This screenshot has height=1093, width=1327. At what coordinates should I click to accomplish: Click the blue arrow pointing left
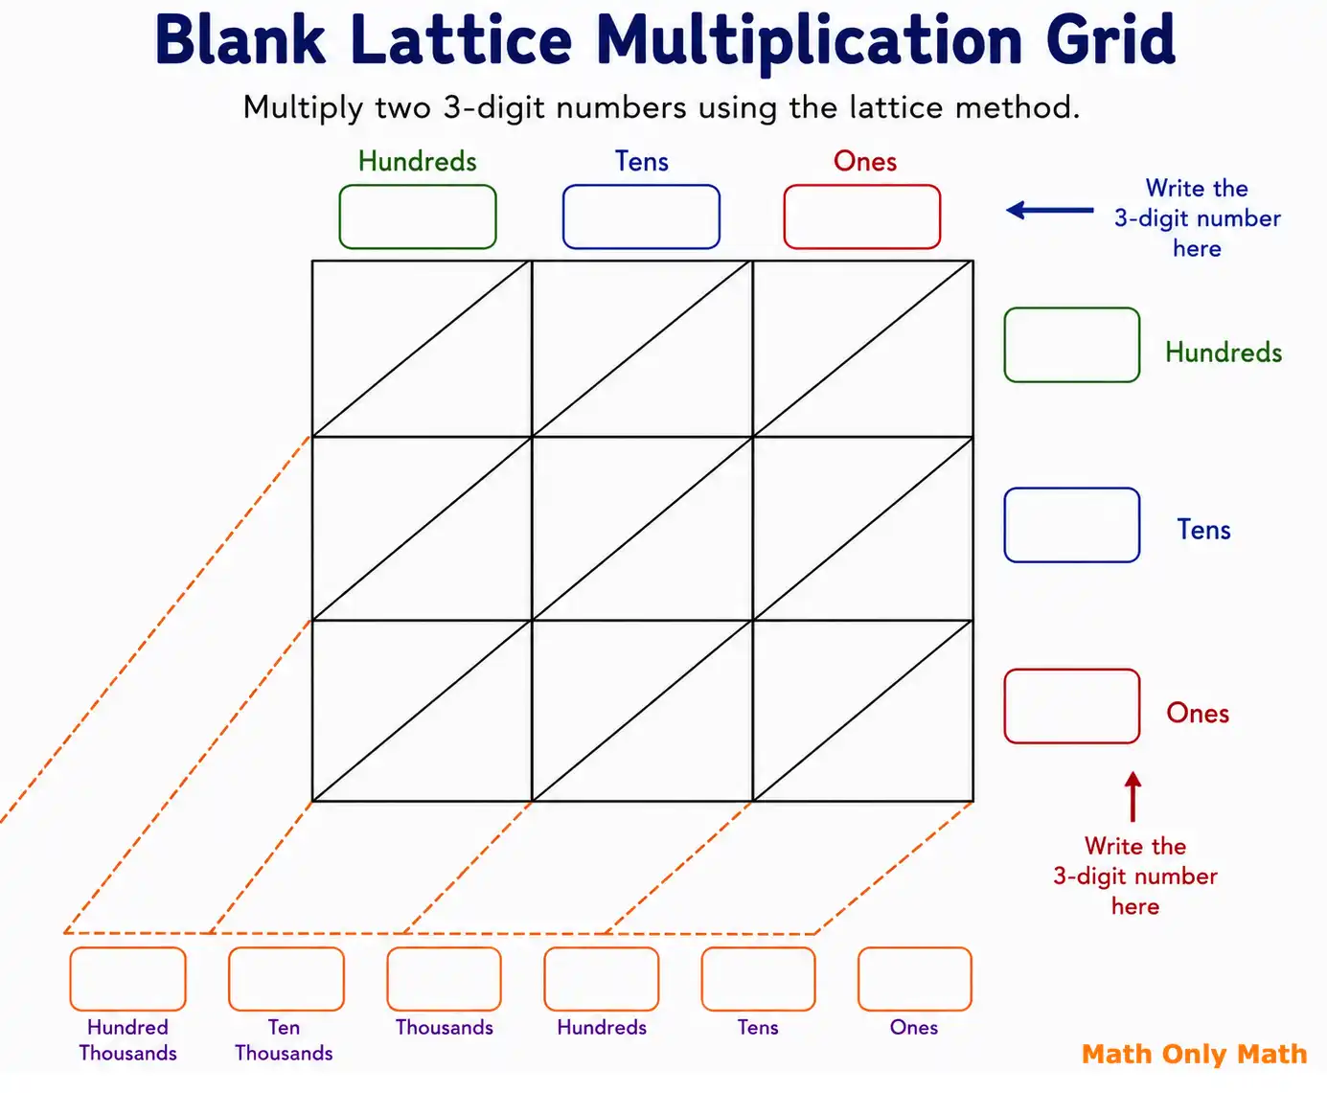[x=1050, y=211]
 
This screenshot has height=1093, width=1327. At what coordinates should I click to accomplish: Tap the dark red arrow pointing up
[x=1133, y=797]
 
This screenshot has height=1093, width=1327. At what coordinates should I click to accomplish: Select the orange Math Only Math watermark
[x=1194, y=1055]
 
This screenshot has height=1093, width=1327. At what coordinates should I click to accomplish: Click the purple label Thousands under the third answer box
[x=445, y=1028]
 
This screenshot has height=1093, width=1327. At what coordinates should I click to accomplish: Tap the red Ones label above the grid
[x=865, y=161]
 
